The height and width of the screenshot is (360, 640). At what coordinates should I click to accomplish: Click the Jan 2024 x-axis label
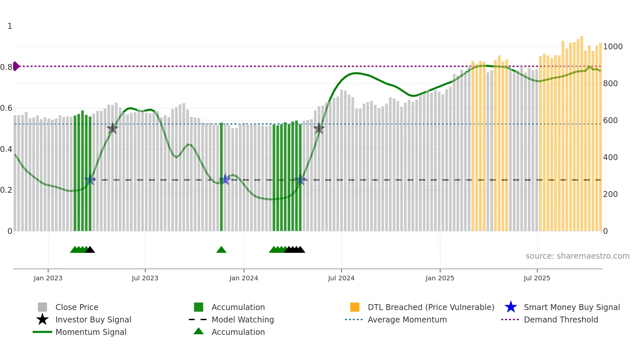coord(244,278)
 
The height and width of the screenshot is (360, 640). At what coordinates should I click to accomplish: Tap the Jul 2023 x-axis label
coord(145,278)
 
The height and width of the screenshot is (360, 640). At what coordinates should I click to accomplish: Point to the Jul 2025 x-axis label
coord(537,278)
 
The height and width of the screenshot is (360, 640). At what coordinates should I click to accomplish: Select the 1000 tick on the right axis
coord(613,47)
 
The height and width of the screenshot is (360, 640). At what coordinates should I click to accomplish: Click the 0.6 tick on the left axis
coord(6,108)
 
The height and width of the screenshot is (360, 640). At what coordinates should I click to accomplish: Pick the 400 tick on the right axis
coord(610,157)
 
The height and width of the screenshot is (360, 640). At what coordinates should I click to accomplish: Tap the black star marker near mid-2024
coord(319,128)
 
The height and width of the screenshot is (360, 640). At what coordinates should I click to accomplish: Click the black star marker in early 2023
coord(112,128)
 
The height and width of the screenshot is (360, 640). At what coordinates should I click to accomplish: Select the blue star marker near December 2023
coord(225,180)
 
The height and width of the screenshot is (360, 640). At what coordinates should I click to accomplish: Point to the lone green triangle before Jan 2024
coord(221,250)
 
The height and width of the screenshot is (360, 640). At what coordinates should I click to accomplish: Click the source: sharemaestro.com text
coord(577,256)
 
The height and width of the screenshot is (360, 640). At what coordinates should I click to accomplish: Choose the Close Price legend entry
coord(76,307)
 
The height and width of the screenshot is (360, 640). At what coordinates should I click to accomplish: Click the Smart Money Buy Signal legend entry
coord(571,307)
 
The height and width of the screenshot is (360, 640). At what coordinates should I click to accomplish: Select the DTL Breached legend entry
coord(431,307)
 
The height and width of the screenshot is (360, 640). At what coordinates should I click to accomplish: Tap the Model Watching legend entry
coord(242,320)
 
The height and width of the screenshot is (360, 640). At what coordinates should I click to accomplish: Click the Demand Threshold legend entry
coord(561,320)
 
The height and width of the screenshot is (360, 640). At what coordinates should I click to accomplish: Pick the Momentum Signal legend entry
coord(91,332)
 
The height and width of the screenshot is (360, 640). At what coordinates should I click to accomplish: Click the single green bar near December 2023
coord(221,176)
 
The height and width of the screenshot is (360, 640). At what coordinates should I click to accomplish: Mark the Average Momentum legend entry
coord(407,320)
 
